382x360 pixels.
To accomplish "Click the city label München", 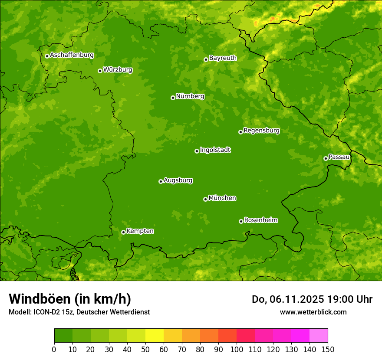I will (x=222, y=198).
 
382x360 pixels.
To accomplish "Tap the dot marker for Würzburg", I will (x=100, y=71).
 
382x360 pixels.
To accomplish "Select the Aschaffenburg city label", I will (x=72, y=55).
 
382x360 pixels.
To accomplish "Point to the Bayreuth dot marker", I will (x=206, y=59).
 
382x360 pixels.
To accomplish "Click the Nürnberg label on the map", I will (x=190, y=96).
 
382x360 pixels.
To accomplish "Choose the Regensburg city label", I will (x=261, y=131).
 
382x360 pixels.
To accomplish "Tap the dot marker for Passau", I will (x=326, y=158).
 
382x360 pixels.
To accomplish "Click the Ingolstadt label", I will (x=215, y=150).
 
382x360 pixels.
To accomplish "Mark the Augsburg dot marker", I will (x=161, y=181).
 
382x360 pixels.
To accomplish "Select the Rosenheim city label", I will (x=260, y=220).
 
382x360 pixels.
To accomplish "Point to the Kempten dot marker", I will (x=123, y=232).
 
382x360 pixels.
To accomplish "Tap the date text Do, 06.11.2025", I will (x=287, y=299).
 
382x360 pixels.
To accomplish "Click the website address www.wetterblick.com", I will (x=313, y=312).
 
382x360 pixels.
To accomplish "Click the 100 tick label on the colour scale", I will (x=237, y=349).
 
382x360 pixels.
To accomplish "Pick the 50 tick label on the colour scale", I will (x=145, y=349).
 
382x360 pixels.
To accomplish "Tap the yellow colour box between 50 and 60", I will (x=155, y=336).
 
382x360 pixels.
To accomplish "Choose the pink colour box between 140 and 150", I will (x=319, y=336).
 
